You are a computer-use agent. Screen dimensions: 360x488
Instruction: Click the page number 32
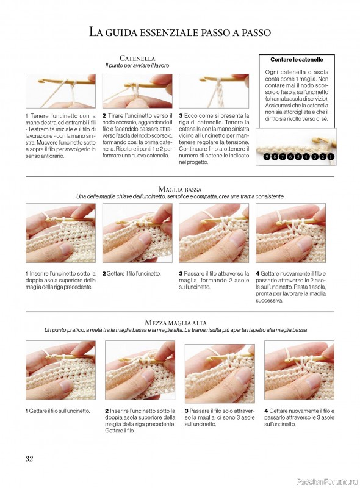(x=29, y=459)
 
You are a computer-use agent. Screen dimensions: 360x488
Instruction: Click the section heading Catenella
(x=137, y=58)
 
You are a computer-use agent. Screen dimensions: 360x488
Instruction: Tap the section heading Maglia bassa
(x=180, y=189)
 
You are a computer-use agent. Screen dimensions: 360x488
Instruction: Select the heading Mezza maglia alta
(x=176, y=323)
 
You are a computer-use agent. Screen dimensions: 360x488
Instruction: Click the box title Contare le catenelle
(x=297, y=59)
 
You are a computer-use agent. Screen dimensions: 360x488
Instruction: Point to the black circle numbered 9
(x=267, y=157)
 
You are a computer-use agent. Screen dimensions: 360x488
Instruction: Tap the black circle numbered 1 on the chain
(x=331, y=157)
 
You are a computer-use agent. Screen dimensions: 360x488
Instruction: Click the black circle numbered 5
(x=298, y=157)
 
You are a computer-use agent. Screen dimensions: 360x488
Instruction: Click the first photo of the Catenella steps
(x=60, y=91)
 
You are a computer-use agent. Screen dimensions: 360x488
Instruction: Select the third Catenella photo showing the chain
(x=214, y=91)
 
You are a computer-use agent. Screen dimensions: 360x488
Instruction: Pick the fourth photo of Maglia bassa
(x=290, y=233)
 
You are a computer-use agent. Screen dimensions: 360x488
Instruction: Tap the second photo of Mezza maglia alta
(x=140, y=370)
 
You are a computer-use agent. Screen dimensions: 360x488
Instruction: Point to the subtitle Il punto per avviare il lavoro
(x=137, y=66)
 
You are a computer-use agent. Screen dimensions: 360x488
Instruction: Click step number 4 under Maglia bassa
(x=257, y=273)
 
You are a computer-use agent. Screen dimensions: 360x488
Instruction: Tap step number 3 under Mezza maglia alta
(x=187, y=411)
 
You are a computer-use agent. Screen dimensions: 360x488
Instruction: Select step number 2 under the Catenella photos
(x=104, y=115)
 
